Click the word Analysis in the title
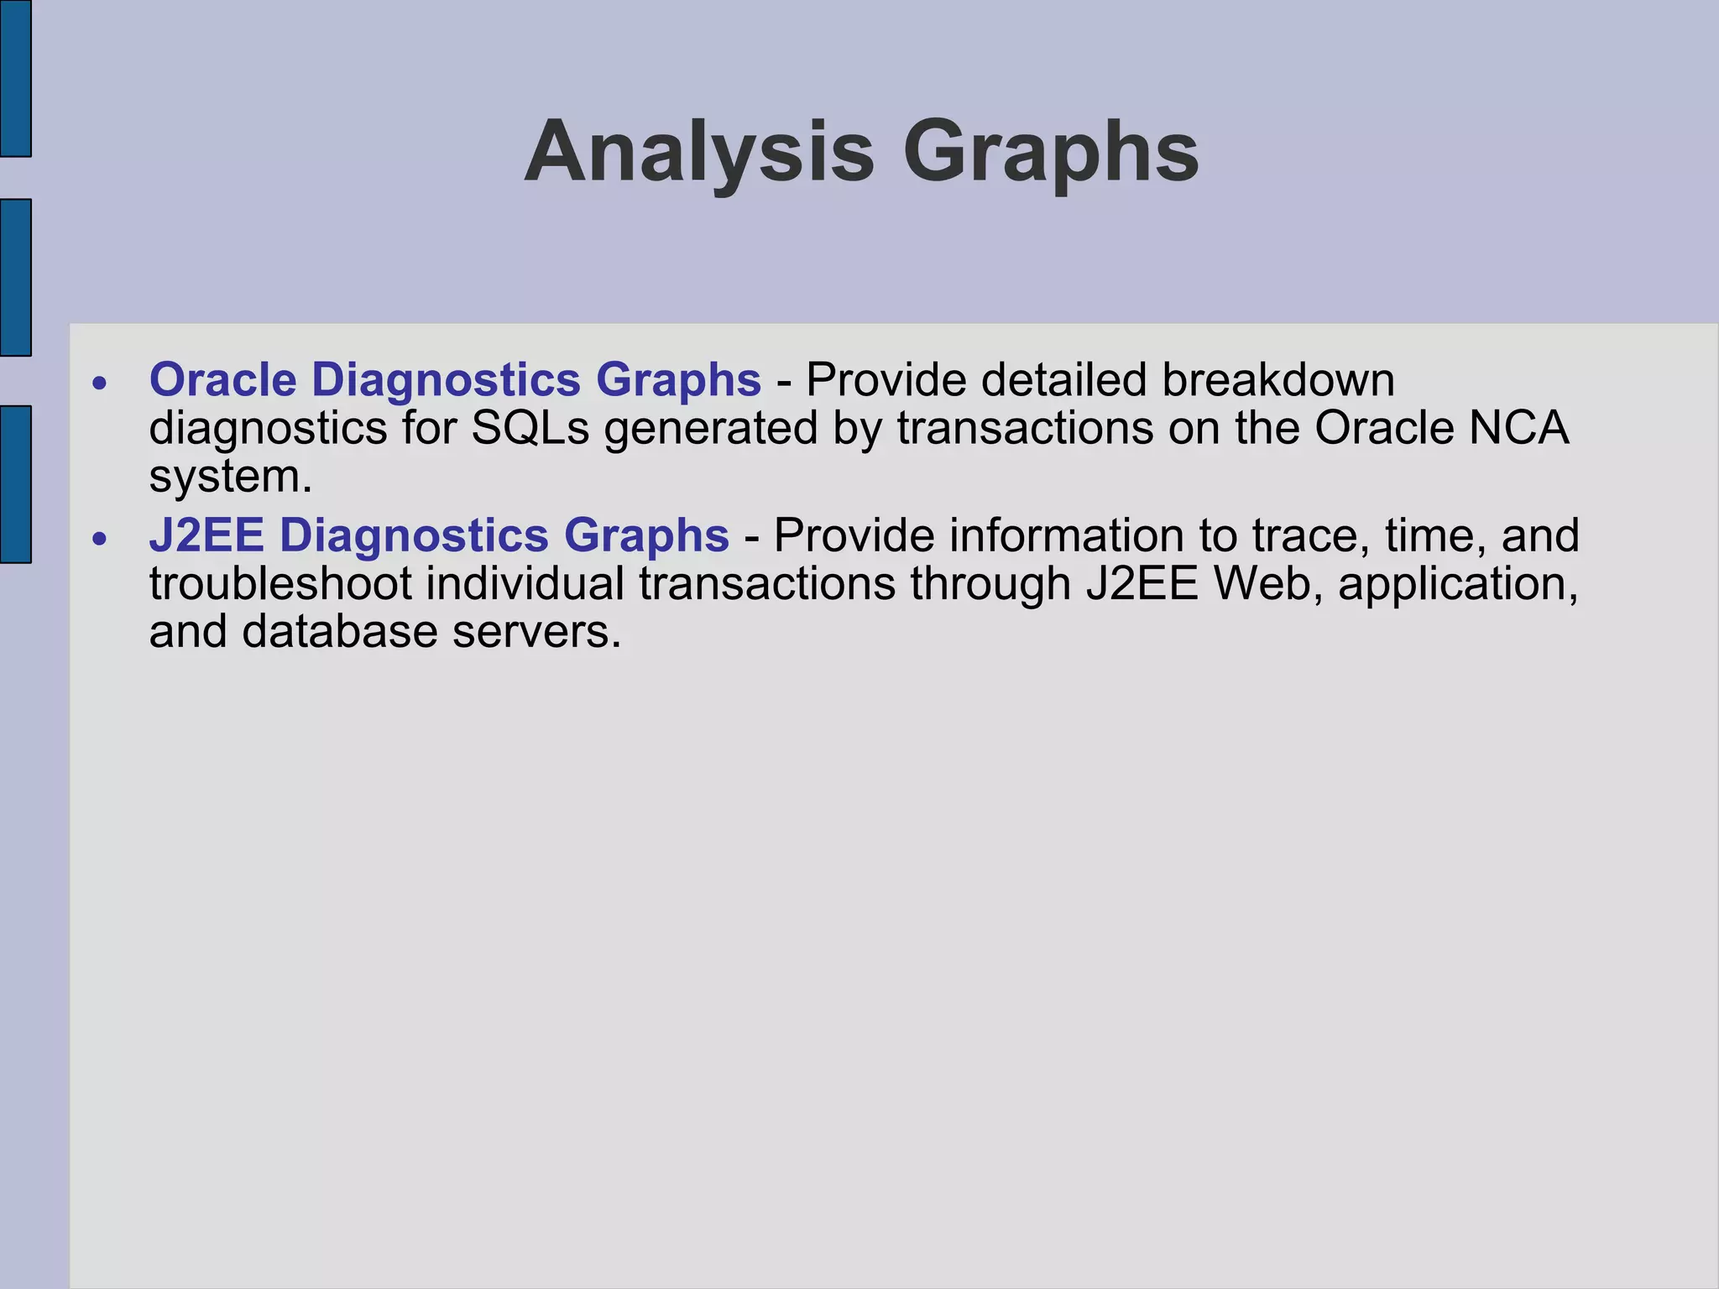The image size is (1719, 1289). (699, 152)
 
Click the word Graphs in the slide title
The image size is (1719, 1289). (1051, 154)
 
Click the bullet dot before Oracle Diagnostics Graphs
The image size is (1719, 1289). (100, 384)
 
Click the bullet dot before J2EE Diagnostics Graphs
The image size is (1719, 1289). (100, 539)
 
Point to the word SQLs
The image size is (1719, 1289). (530, 428)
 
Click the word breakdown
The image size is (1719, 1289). (1278, 379)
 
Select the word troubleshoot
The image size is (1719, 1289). (280, 583)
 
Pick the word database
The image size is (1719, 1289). (340, 631)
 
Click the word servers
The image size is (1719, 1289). (537, 631)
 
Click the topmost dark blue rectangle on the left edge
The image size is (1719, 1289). (15, 78)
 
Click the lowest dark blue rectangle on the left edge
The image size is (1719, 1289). (15, 484)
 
